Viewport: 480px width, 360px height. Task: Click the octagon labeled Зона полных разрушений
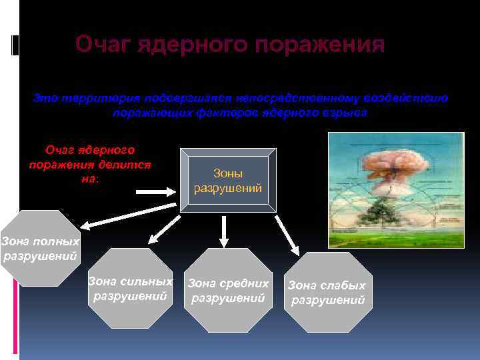[39, 248]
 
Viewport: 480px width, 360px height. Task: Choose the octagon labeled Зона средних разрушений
[228, 289]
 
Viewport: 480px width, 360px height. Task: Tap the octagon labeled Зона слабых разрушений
[327, 292]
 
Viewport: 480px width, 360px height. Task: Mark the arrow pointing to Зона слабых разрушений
[287, 233]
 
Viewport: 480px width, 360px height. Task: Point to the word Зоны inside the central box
[228, 173]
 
